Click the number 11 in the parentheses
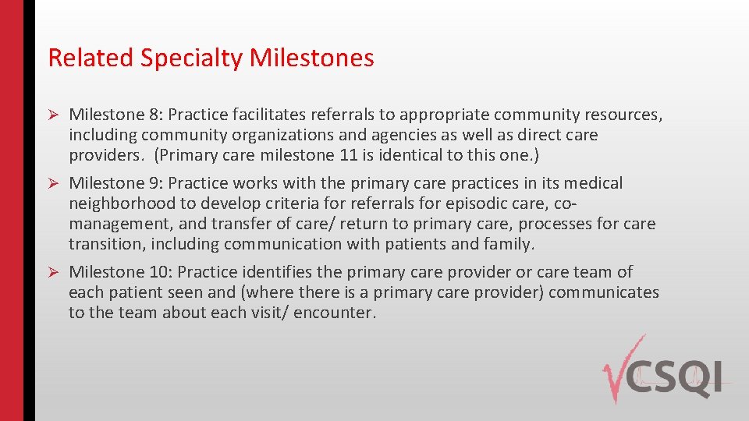click(348, 154)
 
